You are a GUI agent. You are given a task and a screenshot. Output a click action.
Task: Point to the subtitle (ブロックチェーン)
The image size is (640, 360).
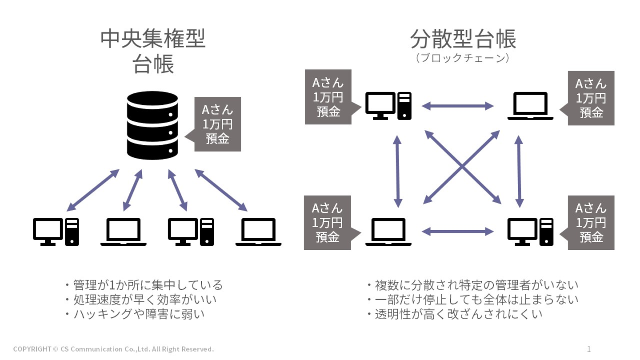click(462, 58)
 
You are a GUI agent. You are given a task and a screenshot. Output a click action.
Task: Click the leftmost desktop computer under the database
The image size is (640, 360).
click(56, 232)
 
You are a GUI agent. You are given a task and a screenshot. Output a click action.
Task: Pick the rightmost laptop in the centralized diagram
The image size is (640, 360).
click(258, 232)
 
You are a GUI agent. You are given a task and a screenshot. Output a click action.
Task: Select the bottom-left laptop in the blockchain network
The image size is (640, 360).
click(388, 232)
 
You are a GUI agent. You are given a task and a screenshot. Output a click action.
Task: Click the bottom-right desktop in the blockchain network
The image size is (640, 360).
click(530, 232)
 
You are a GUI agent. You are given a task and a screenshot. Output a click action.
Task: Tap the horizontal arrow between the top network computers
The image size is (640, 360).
click(458, 106)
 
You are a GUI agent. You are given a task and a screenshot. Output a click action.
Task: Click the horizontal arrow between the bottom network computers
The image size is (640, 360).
click(458, 231)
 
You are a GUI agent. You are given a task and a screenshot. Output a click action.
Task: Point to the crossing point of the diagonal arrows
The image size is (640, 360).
click(462, 167)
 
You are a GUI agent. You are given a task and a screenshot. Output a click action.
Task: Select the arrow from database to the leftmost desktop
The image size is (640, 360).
click(93, 190)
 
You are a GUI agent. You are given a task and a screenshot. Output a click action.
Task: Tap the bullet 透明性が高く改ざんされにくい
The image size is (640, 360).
click(454, 314)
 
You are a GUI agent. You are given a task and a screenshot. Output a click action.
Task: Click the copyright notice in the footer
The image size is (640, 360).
click(114, 349)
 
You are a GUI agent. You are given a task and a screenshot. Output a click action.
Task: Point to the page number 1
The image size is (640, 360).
click(589, 349)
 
